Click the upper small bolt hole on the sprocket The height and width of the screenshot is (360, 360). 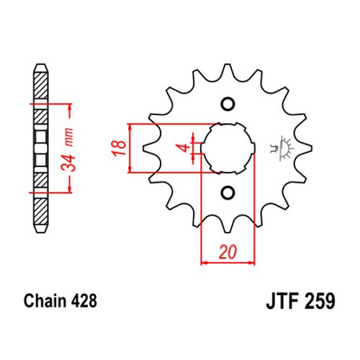coord(228,104)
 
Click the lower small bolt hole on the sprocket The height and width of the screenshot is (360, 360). coord(228,192)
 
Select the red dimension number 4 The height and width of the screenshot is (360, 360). coord(185,148)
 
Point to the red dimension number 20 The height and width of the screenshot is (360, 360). coord(228,252)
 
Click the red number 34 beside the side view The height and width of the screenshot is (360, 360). coord(68,163)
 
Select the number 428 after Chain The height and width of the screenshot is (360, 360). coord(84,301)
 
